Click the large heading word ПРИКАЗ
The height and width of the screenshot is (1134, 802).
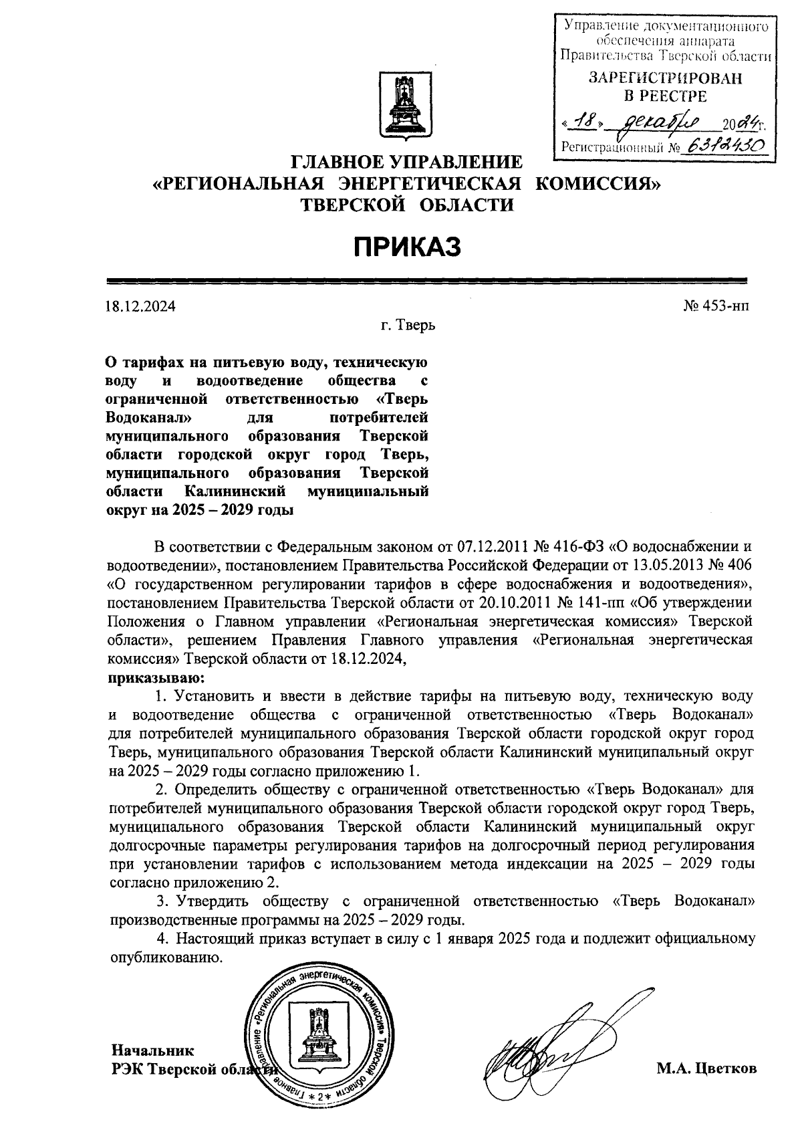pyautogui.click(x=407, y=247)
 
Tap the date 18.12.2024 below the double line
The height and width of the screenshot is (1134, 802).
pyautogui.click(x=140, y=307)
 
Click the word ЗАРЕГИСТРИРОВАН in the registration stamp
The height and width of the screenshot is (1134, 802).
pyautogui.click(x=664, y=78)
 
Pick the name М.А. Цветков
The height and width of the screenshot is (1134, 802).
pyautogui.click(x=706, y=1068)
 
